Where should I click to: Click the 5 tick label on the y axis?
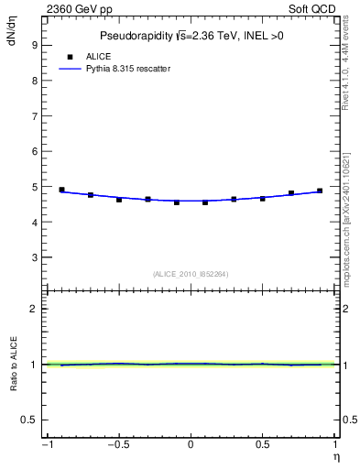click(x=33, y=187)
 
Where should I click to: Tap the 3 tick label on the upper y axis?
click(x=33, y=257)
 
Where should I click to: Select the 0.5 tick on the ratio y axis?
click(x=29, y=420)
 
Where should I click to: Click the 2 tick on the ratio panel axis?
click(x=33, y=309)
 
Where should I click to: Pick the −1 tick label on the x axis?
click(x=46, y=446)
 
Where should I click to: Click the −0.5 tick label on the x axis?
click(x=117, y=446)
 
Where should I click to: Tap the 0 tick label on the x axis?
click(x=191, y=446)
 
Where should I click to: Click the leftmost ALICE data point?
click(x=61, y=190)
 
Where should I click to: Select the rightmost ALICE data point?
click(x=320, y=191)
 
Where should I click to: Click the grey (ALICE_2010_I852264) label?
click(x=191, y=273)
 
